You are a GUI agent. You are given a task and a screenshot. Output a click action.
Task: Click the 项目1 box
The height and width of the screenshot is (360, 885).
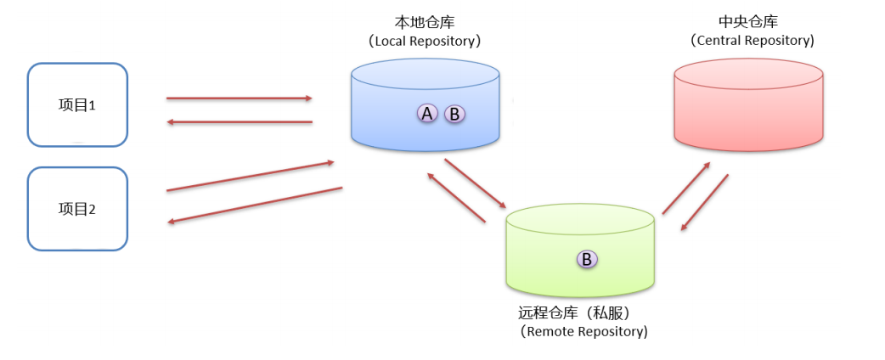[77, 105]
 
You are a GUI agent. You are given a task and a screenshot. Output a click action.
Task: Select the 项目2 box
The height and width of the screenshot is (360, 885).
[77, 209]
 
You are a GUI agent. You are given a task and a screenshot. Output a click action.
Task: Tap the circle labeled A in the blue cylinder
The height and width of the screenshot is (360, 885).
[427, 113]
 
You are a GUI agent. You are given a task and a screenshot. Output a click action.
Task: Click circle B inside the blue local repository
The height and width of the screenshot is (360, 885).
[454, 113]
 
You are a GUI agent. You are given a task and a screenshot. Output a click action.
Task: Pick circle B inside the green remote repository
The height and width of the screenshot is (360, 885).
[586, 259]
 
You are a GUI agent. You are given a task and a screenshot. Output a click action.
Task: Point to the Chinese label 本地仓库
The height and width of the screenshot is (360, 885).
[425, 21]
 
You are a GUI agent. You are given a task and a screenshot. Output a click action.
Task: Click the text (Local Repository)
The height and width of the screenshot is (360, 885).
[426, 40]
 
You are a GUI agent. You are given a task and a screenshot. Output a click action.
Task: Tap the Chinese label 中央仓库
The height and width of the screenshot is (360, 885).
[748, 21]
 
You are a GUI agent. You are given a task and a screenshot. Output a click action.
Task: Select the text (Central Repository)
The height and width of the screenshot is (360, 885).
[752, 40]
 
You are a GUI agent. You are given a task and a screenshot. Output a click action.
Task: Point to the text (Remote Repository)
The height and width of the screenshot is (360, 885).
[584, 331]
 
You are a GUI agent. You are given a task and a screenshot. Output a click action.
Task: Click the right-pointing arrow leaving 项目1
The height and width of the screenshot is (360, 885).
[240, 98]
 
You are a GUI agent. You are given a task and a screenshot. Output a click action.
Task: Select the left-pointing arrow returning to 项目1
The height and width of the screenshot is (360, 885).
[240, 122]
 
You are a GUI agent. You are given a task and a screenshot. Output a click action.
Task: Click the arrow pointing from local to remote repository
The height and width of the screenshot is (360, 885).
[476, 183]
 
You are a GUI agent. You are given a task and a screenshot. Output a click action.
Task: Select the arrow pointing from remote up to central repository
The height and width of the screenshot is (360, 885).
[686, 188]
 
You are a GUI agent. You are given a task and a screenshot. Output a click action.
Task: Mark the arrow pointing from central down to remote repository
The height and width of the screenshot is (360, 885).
[705, 202]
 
